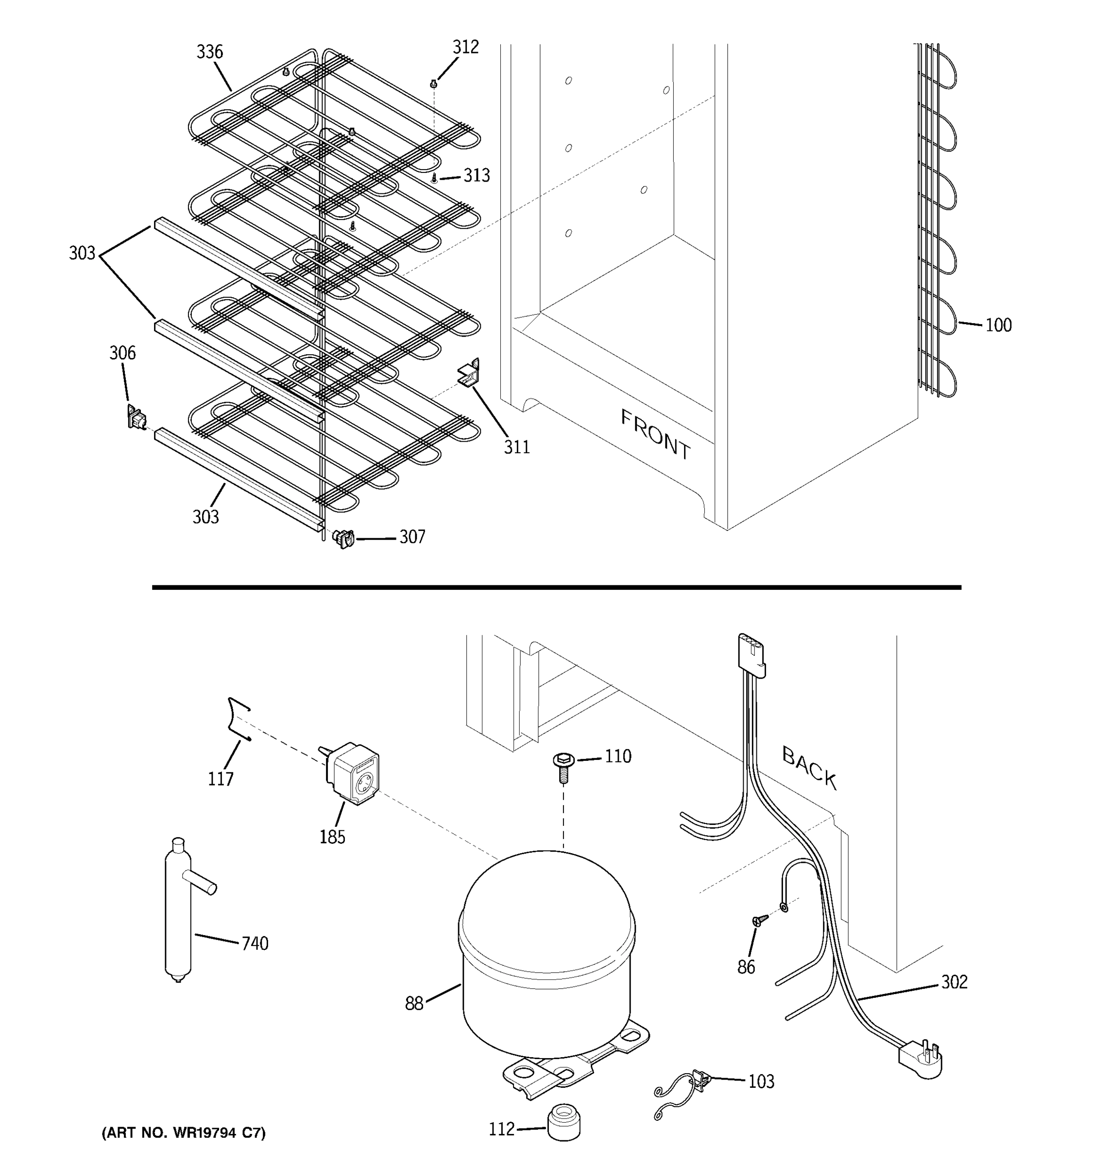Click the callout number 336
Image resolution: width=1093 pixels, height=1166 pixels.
tap(209, 52)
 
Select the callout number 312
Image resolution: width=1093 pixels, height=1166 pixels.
tap(465, 48)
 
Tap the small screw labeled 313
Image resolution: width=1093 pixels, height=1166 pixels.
tap(434, 177)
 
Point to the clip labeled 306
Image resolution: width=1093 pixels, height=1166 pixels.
tap(136, 417)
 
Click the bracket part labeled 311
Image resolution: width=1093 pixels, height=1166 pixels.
tap(469, 374)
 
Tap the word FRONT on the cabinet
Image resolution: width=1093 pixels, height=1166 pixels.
tap(656, 435)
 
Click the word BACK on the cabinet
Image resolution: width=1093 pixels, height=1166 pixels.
tap(809, 767)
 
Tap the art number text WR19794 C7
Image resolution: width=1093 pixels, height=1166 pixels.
tap(184, 1132)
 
